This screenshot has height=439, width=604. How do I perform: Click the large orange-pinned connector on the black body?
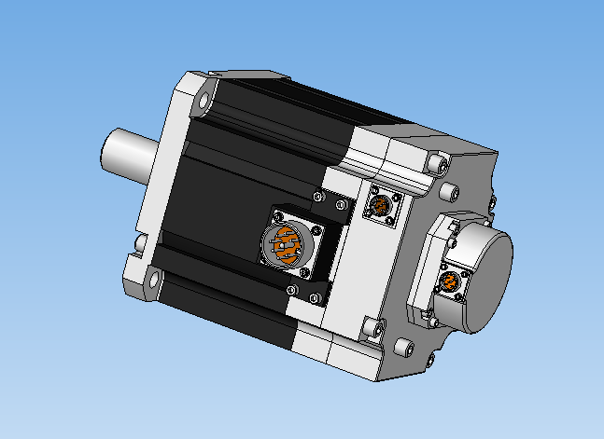coord(285,243)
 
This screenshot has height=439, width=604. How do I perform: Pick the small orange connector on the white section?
coord(381,205)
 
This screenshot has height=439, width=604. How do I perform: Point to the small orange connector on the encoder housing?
coord(450,281)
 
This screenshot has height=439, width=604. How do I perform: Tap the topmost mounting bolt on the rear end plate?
coord(436,164)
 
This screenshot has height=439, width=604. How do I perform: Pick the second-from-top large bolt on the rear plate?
coord(451,192)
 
